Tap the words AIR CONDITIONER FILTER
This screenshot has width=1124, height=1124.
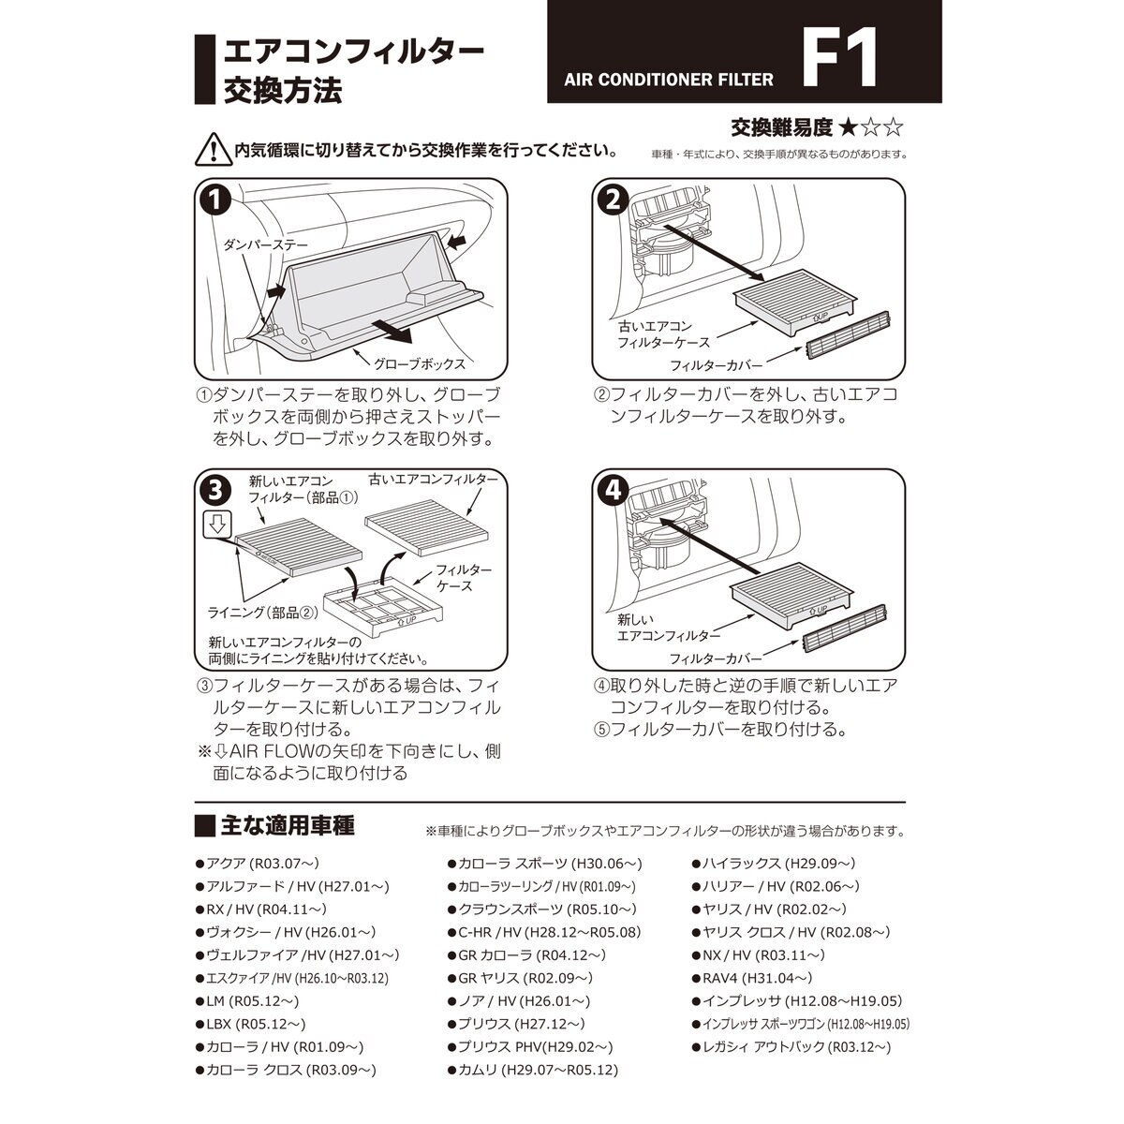coord(669,80)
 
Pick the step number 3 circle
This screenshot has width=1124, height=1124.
coord(215,489)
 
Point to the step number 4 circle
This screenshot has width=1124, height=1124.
coord(613,489)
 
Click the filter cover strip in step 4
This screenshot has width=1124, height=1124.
coord(844,641)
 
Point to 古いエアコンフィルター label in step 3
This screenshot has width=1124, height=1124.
coord(433,479)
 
